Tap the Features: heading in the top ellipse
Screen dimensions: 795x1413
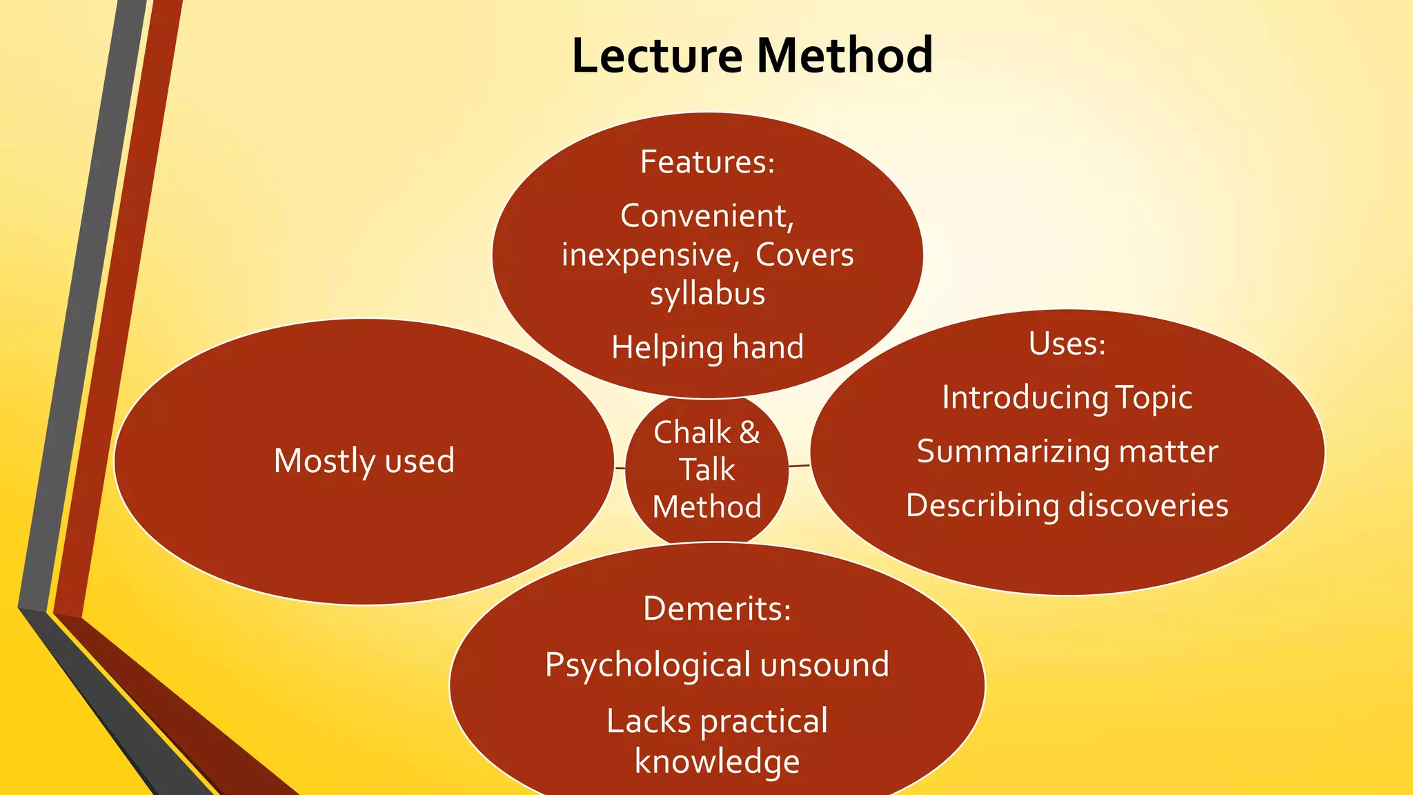(707, 162)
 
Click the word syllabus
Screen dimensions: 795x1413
(707, 294)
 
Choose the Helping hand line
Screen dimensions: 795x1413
(707, 347)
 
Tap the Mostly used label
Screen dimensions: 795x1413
(364, 461)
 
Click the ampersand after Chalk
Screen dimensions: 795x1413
(749, 433)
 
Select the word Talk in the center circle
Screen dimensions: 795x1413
(707, 470)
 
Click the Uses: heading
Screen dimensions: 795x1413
(1067, 344)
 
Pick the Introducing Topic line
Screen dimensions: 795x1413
(1067, 397)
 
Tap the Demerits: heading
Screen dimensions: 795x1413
(717, 609)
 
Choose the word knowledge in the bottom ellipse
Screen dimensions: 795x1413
(717, 761)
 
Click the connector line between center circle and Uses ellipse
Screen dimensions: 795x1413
(799, 466)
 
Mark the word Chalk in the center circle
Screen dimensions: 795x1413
(692, 433)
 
